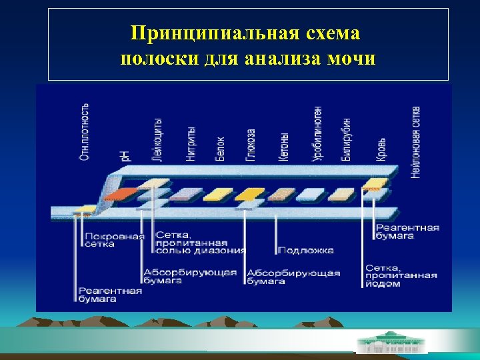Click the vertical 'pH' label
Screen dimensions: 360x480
click(x=125, y=155)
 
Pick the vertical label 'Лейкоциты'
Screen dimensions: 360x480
click(x=157, y=139)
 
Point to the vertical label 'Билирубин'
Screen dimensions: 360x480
click(x=347, y=139)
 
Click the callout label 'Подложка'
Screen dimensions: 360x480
click(x=305, y=251)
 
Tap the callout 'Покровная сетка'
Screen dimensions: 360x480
click(x=114, y=240)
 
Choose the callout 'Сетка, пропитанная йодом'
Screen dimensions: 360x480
click(x=400, y=275)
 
